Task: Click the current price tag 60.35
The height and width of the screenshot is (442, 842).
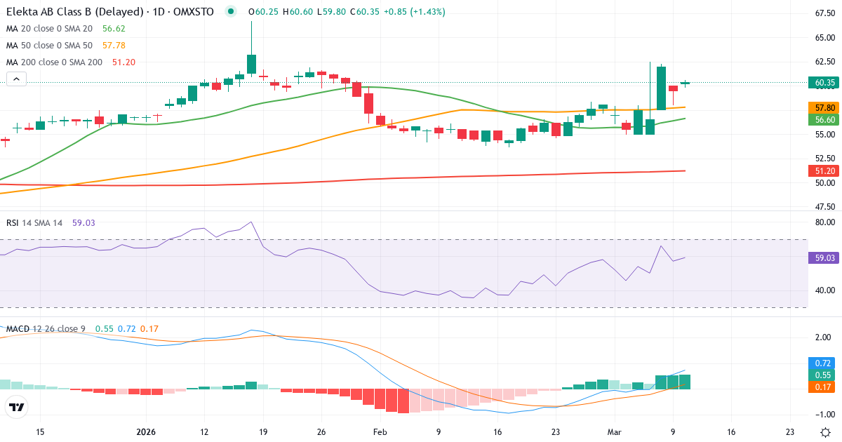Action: [x=824, y=83]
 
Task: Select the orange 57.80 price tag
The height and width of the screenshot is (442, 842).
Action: [x=824, y=108]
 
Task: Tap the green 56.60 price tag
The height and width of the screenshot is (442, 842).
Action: [x=824, y=120]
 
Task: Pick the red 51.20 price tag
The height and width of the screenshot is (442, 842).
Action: [x=824, y=170]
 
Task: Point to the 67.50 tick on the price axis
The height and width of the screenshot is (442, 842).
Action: [x=824, y=13]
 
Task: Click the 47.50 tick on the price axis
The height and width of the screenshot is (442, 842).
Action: [x=824, y=207]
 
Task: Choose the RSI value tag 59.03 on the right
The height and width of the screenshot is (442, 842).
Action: [x=824, y=258]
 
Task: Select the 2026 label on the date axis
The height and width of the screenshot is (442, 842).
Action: [x=145, y=432]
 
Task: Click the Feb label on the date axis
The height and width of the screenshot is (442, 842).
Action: [x=380, y=432]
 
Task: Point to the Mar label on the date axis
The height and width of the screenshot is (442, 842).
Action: [x=614, y=432]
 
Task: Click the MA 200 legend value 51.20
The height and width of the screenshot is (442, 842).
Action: [x=123, y=62]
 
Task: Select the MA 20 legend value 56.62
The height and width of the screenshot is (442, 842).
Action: [x=114, y=29]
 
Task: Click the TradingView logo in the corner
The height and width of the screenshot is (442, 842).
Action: [x=17, y=407]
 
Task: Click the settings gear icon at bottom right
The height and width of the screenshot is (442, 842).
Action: [x=826, y=432]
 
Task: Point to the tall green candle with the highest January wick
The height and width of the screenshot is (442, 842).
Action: [x=251, y=63]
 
